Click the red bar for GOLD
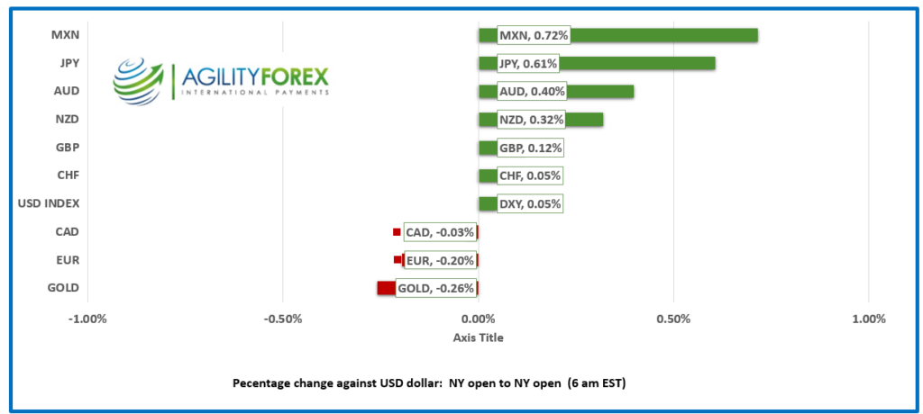(x=386, y=288)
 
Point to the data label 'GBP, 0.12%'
(x=532, y=148)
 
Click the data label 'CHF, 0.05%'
(x=532, y=175)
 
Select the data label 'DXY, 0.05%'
(x=531, y=204)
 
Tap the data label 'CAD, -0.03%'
(x=440, y=232)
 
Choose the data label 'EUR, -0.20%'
(x=440, y=261)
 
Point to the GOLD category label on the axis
(x=62, y=288)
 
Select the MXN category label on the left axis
(x=65, y=35)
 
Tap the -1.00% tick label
(x=87, y=319)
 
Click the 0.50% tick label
(x=673, y=319)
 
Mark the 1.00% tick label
(x=869, y=319)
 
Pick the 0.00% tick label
(x=478, y=319)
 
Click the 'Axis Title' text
(x=478, y=337)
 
